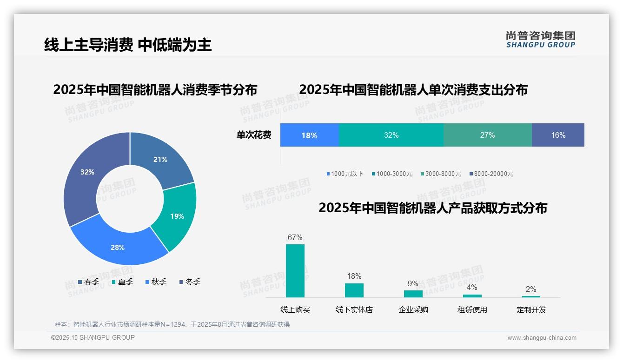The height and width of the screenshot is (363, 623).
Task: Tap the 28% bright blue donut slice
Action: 117,247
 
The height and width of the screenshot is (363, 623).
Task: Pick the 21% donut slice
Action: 160,160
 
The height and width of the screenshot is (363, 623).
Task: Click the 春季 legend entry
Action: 88,282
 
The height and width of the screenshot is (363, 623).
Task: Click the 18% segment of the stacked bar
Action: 309,135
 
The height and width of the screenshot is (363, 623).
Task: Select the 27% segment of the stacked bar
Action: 487,135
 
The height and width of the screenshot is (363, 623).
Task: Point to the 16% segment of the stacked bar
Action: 558,135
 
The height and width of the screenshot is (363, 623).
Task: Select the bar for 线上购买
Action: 295,271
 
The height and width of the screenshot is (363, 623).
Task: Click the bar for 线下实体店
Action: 354,290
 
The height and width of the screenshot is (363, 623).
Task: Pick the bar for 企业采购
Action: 413,294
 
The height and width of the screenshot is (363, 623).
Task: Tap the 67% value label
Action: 295,238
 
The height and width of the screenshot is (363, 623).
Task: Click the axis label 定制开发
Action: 531,310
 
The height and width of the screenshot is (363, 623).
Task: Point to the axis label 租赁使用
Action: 472,310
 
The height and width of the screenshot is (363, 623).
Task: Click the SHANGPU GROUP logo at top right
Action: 540,40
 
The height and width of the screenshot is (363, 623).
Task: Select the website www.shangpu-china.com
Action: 542,338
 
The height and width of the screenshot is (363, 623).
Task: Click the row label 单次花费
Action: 254,135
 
